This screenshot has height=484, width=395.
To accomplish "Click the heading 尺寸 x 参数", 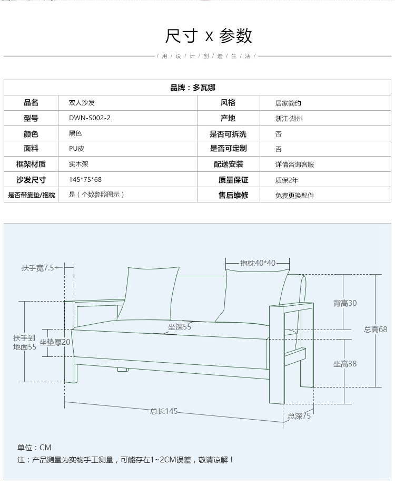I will click(209, 36).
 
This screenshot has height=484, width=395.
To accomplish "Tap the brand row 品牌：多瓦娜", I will click(193, 88).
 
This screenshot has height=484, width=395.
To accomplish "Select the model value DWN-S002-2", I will click(90, 118).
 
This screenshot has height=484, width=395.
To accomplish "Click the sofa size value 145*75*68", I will click(85, 180).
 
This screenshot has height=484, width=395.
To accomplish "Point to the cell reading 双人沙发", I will click(82, 103).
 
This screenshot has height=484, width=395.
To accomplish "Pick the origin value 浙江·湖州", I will click(289, 119).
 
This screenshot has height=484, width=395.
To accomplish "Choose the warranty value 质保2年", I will click(287, 180).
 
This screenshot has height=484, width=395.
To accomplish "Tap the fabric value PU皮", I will click(77, 149).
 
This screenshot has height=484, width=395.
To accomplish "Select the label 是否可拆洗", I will click(228, 134).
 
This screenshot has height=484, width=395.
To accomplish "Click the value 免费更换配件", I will click(294, 195).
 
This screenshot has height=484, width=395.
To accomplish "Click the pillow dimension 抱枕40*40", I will click(258, 263).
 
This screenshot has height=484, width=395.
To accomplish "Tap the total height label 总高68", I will click(375, 330).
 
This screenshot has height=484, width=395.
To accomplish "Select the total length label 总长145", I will click(163, 411).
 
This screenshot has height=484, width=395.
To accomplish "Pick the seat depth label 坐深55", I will click(180, 327).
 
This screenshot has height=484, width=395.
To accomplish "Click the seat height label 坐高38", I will click(344, 364).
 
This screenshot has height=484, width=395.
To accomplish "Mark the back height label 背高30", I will click(344, 303).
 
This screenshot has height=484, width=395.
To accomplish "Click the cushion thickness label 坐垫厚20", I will click(55, 342).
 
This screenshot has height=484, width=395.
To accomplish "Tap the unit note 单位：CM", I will click(34, 448).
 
